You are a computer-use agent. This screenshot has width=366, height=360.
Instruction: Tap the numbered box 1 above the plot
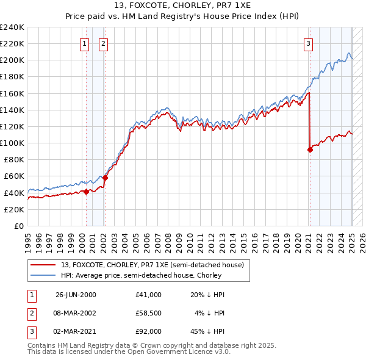coord(84,43)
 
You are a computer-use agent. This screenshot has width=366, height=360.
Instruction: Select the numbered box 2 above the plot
coord(103,43)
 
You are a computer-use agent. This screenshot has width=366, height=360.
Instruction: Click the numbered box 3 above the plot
coord(309,43)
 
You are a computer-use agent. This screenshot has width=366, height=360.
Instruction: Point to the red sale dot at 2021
coord(310,150)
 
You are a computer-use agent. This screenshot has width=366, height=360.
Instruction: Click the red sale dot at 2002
coord(105,178)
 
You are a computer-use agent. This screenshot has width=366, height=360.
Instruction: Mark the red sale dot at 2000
coord(86,192)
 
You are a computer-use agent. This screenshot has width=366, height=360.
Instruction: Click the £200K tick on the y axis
coord(12,60)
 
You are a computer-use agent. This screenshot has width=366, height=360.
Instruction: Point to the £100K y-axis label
coord(12,143)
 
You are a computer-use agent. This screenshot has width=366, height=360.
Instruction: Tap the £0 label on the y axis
coord(20,226)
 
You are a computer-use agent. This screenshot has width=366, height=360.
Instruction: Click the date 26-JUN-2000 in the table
coord(76,295)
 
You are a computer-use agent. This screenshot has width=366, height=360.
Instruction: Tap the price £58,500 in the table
coord(149,313)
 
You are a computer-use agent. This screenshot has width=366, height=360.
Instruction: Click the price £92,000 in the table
coord(149,331)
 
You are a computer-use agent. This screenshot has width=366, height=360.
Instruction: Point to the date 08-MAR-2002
coord(76,313)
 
